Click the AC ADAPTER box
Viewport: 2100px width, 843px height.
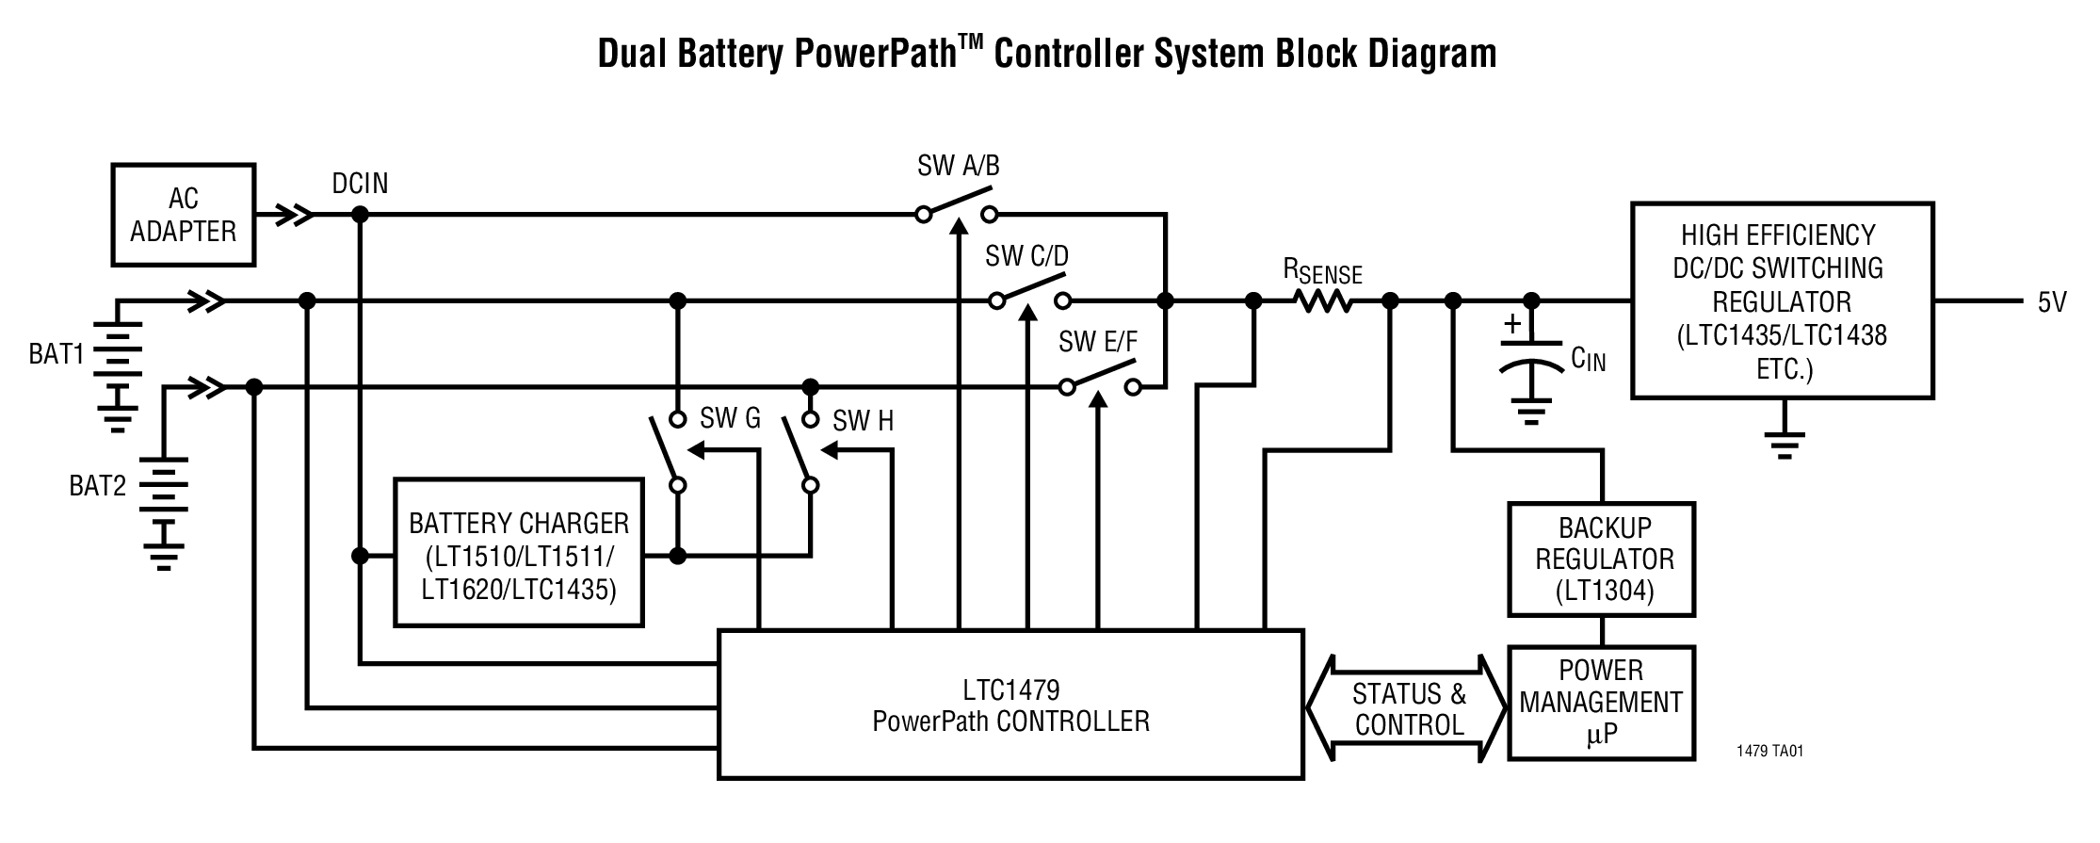(183, 215)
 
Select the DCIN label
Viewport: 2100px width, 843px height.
(360, 183)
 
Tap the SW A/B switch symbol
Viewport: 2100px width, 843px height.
(956, 209)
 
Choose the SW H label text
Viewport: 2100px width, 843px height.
(863, 421)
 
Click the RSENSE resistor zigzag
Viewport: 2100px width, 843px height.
(1323, 301)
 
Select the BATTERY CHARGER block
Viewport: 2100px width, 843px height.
(519, 554)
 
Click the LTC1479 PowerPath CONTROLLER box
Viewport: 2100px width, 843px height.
(1010, 705)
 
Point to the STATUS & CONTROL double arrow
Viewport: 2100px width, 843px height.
(1408, 708)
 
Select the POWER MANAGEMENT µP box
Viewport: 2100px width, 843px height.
(1601, 703)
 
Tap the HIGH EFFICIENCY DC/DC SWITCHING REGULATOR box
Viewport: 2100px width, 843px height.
(1782, 300)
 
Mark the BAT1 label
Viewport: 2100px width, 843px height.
(56, 354)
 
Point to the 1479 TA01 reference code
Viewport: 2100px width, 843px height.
(1769, 752)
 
